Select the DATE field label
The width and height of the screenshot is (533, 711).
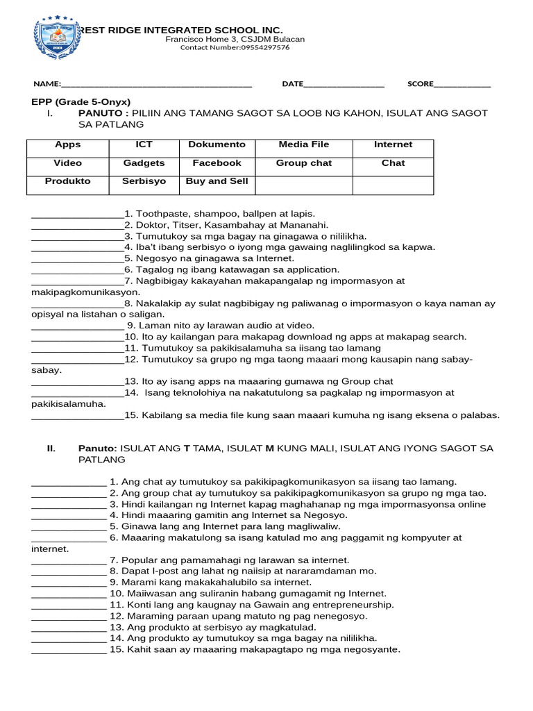pyautogui.click(x=292, y=84)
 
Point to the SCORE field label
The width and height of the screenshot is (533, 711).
pyautogui.click(x=420, y=84)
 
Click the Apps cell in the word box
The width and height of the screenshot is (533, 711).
pyautogui.click(x=67, y=144)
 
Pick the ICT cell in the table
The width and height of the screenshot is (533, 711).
pyautogui.click(x=144, y=144)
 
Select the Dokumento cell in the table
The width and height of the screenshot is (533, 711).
pyautogui.click(x=217, y=144)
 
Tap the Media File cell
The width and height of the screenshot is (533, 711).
pyautogui.click(x=303, y=144)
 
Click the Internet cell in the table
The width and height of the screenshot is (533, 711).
pyautogui.click(x=393, y=144)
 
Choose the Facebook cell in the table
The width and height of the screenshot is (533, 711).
pyautogui.click(x=217, y=163)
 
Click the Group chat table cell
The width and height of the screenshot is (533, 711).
pyautogui.click(x=303, y=163)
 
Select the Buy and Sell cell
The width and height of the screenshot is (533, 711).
pyautogui.click(x=217, y=181)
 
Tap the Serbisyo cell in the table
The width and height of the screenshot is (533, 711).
pyautogui.click(x=144, y=181)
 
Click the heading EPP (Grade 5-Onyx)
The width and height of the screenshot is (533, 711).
pyautogui.click(x=81, y=101)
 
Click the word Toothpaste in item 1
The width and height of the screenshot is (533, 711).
pyautogui.click(x=160, y=214)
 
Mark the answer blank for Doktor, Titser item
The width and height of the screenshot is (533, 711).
pyautogui.click(x=77, y=226)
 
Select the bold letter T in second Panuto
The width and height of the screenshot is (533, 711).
pyautogui.click(x=186, y=449)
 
